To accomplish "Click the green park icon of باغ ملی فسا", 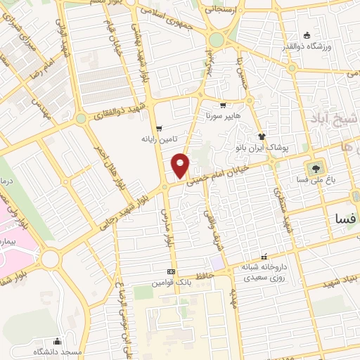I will (314, 168).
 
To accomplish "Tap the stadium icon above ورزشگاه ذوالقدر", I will (307, 35).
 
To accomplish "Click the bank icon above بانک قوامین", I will (171, 272).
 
